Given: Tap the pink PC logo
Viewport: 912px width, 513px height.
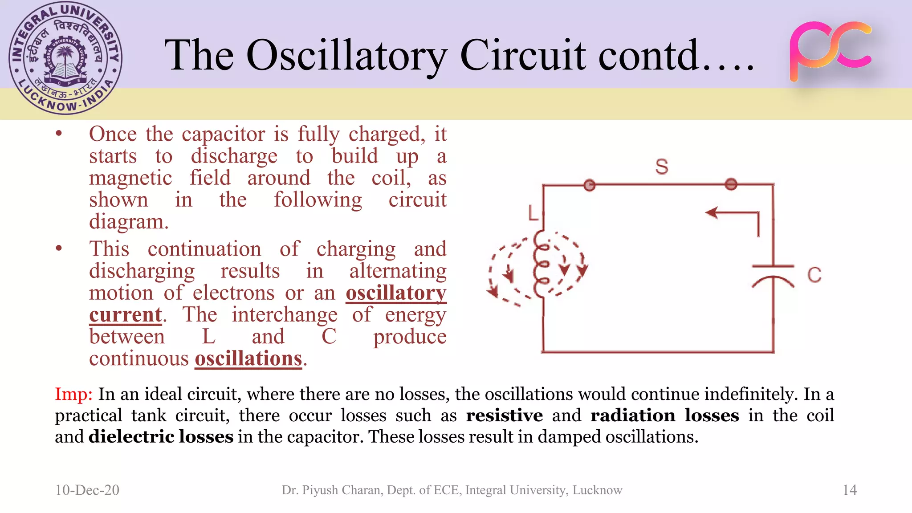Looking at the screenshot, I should click(x=831, y=51).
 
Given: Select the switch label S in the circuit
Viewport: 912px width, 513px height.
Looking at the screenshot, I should click(x=662, y=167).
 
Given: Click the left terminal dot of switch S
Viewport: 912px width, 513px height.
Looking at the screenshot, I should click(x=590, y=185).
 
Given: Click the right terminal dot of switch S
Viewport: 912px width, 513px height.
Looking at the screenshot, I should click(x=731, y=184).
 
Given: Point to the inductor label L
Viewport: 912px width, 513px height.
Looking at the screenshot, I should click(x=533, y=213).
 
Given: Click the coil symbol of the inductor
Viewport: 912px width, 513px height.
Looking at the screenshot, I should click(x=541, y=265).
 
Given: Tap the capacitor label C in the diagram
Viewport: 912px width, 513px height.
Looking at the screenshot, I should click(x=814, y=275).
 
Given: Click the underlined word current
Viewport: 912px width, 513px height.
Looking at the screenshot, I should click(x=126, y=315).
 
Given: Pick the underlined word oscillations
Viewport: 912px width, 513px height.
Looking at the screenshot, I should click(x=248, y=358).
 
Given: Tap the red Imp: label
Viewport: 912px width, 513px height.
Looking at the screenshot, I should click(x=73, y=394).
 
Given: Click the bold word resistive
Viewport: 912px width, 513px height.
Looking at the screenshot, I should click(x=504, y=415).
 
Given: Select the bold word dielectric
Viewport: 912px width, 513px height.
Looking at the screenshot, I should click(x=131, y=437).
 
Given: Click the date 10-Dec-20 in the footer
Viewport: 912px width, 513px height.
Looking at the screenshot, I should click(x=87, y=490).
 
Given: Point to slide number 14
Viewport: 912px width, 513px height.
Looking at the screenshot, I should click(x=850, y=490).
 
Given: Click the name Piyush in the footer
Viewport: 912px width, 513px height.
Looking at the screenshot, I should click(x=319, y=490).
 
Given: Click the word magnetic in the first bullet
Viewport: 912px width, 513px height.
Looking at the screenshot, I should click(x=130, y=178).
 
